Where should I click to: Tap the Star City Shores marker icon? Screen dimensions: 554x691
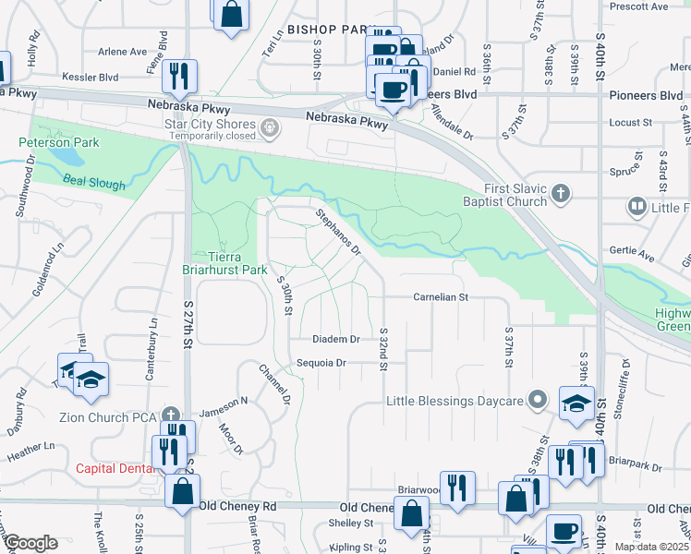(x=270, y=128)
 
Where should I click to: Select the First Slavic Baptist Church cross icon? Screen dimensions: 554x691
(x=561, y=194)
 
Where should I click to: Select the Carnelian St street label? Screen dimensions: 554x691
(x=442, y=297)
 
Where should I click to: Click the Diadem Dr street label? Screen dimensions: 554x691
(x=335, y=339)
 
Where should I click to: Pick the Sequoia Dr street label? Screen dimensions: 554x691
(x=321, y=363)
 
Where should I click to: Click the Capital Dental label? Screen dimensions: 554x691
(x=114, y=467)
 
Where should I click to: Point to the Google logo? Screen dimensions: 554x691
(x=30, y=543)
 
